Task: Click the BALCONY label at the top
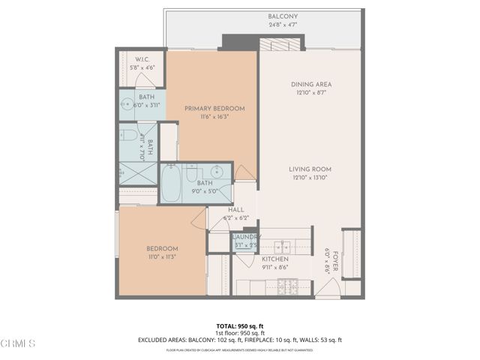pos(283,16)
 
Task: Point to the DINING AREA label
pos(311,84)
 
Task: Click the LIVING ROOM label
pos(310,169)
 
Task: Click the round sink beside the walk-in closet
pos(124,106)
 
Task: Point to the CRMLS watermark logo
pos(19,344)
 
